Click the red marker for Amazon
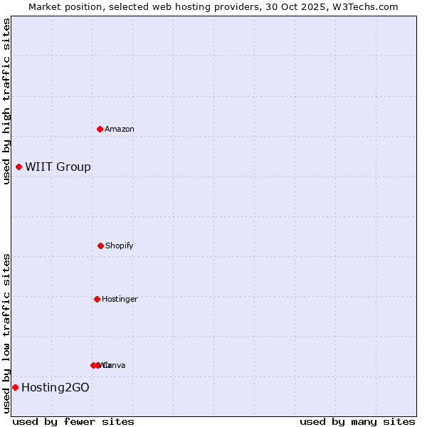[x=100, y=129]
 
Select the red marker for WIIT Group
[x=19, y=167]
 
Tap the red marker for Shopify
[x=100, y=246]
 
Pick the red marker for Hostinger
[x=97, y=299]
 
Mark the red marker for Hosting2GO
[x=15, y=387]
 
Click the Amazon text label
[x=120, y=129]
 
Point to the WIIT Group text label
[x=58, y=167]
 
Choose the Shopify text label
[x=120, y=246]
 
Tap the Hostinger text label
[x=120, y=299]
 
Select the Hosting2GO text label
[x=56, y=388]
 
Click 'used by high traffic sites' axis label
[x=6, y=101]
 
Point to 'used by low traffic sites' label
[x=6, y=333]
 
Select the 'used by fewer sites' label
[x=73, y=421]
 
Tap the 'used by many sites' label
[x=357, y=421]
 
